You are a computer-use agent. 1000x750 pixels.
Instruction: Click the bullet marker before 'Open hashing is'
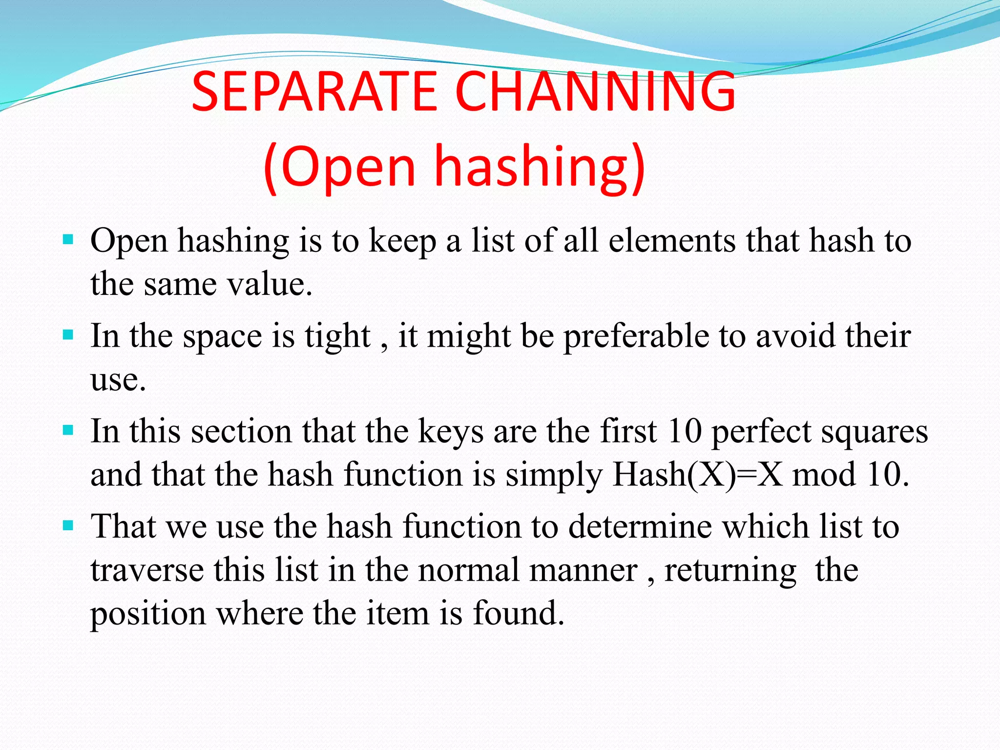coord(68,240)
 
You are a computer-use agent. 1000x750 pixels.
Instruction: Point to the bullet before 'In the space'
coord(68,335)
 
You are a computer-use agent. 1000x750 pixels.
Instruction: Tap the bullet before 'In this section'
coord(68,430)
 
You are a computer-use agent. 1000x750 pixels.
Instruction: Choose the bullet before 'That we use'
coord(68,525)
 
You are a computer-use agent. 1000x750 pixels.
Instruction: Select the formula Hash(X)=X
coord(698,475)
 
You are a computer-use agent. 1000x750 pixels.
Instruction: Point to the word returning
coord(730,570)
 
